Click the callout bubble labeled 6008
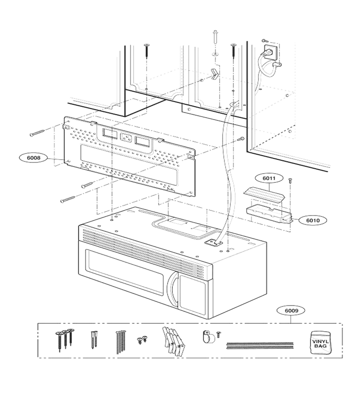(x=34, y=157)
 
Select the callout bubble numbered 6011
(x=269, y=178)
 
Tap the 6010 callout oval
(x=313, y=220)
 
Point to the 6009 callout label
(x=291, y=310)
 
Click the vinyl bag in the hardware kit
(x=321, y=343)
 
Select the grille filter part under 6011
(x=263, y=195)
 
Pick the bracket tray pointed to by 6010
(x=269, y=214)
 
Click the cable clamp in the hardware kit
(x=208, y=337)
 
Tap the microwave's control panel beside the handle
(x=193, y=294)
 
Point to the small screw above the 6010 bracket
(x=290, y=180)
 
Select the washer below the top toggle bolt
(x=215, y=54)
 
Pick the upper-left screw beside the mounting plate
(x=38, y=133)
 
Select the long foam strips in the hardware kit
(x=260, y=346)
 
